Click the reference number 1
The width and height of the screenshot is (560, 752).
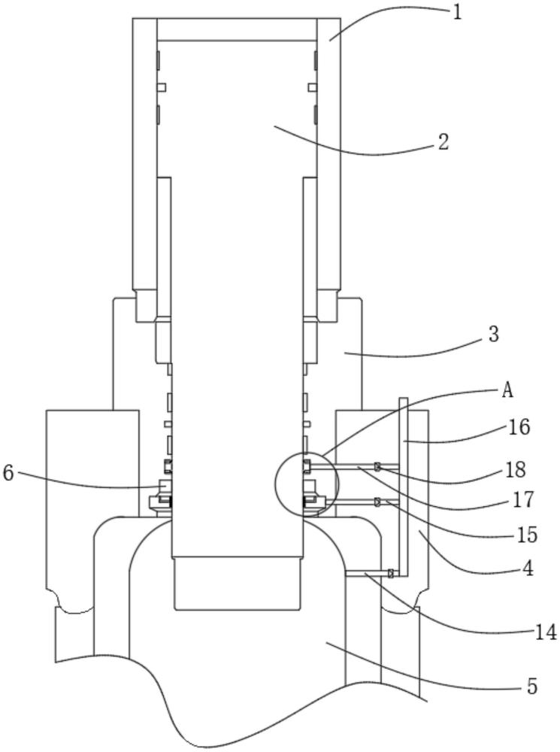pyautogui.click(x=458, y=13)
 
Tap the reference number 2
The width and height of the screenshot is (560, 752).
pyautogui.click(x=443, y=142)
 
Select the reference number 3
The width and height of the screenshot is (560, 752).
pyautogui.click(x=494, y=335)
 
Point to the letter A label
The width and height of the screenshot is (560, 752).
pyautogui.click(x=507, y=391)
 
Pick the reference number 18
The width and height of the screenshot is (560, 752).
pyautogui.click(x=516, y=471)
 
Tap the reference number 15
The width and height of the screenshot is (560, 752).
pyautogui.click(x=527, y=535)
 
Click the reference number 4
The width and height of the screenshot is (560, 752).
pyautogui.click(x=528, y=569)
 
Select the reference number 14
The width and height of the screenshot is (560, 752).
pyautogui.click(x=545, y=633)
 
